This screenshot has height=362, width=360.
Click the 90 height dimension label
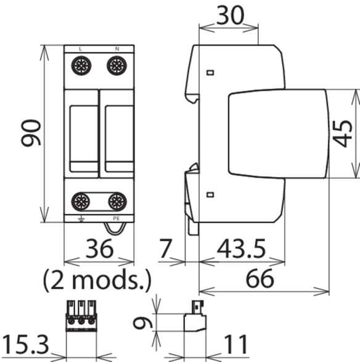[31, 133]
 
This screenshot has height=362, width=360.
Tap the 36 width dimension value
[99, 249]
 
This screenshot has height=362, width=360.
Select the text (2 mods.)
[97, 280]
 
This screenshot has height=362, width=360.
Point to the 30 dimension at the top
[230, 15]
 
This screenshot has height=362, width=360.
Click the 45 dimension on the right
[342, 134]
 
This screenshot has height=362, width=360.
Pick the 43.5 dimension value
[242, 249]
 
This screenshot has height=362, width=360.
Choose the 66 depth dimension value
[260, 279]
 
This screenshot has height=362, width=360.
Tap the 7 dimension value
[165, 249]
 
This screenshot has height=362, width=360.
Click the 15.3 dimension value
[26, 345]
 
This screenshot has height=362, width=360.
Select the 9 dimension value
[142, 322]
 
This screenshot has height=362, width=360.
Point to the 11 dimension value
[236, 345]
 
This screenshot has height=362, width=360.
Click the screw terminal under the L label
[81, 65]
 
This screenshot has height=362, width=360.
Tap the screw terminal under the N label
[117, 65]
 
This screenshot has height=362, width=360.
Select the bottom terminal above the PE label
[117, 201]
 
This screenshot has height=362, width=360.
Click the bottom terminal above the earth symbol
[81, 201]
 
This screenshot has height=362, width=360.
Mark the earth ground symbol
[81, 219]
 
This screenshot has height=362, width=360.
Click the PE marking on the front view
[117, 218]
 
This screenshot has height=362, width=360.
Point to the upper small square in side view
[210, 73]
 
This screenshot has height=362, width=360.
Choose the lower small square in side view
[210, 195]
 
